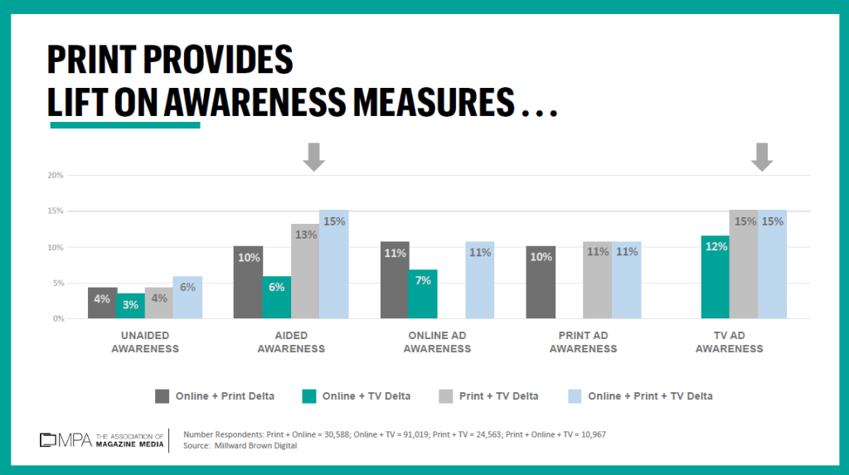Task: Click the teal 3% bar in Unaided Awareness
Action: (x=130, y=306)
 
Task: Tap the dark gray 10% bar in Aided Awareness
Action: (x=248, y=283)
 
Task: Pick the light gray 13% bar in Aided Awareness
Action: (x=305, y=271)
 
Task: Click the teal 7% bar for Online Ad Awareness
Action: (x=423, y=294)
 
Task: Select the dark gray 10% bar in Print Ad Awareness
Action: (x=541, y=283)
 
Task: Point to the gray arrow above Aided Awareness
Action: (x=313, y=157)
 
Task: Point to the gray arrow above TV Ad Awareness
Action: (x=763, y=157)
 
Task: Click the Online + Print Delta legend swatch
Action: (x=162, y=396)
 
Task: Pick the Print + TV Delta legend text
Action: (x=498, y=396)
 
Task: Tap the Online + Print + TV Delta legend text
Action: (x=650, y=396)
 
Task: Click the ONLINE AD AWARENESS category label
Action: (x=437, y=342)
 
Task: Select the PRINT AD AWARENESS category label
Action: (x=583, y=342)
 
